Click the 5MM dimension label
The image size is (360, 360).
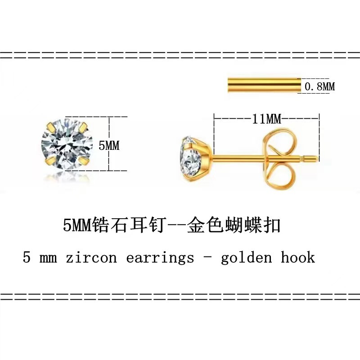[x=109, y=145]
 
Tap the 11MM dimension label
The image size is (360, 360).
[x=266, y=119]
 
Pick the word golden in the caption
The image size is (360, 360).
[x=247, y=258]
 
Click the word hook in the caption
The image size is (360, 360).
[x=298, y=257]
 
